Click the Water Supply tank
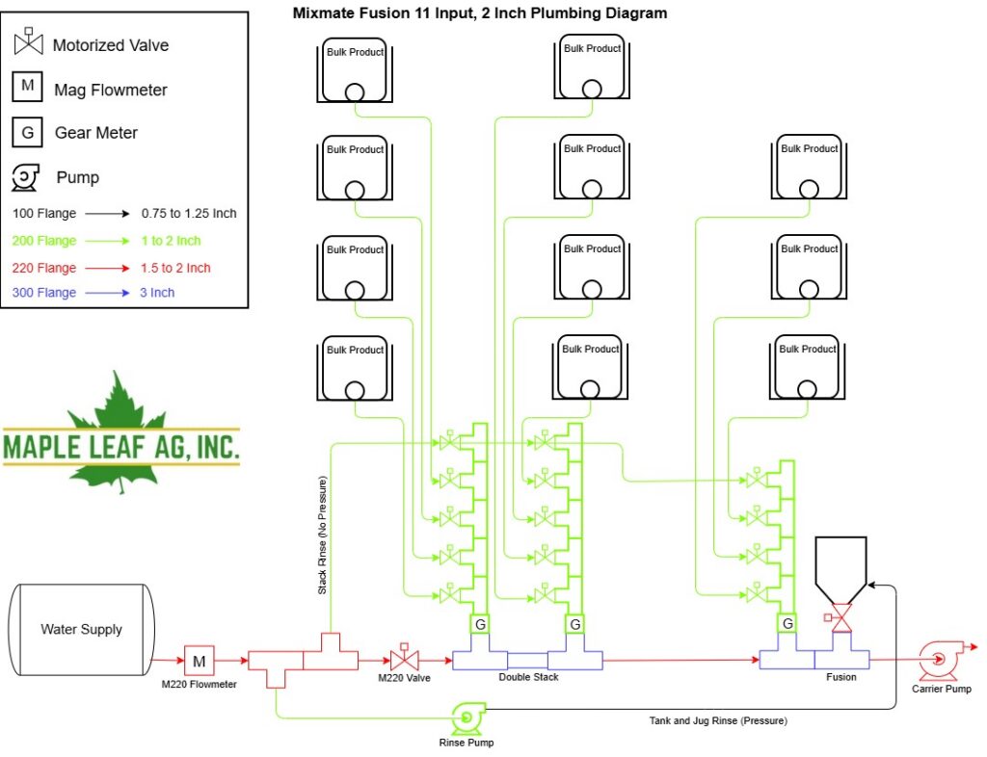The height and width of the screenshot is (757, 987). pos(81,629)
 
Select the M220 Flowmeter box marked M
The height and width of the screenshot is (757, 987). pos(199,661)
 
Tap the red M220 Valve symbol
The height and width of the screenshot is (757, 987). pos(404,658)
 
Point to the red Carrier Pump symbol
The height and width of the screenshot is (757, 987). pos(940,660)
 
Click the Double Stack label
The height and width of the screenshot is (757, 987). pos(528,677)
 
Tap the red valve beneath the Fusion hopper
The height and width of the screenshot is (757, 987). pos(840,618)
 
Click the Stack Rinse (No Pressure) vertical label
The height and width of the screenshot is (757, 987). pos(322,535)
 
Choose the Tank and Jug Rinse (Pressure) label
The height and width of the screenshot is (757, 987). pos(718,720)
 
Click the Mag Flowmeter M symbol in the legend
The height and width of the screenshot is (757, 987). pos(27,87)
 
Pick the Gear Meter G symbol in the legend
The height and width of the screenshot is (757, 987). pos(27,132)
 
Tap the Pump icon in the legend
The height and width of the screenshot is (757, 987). pos(25,177)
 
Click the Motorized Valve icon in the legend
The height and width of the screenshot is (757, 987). pos(28,41)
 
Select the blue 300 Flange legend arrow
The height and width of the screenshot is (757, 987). pos(108,293)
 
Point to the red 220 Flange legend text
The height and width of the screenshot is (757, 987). pos(44,268)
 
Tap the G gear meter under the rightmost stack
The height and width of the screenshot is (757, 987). pos(787,623)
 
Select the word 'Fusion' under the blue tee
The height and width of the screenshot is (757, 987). pos(840,677)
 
